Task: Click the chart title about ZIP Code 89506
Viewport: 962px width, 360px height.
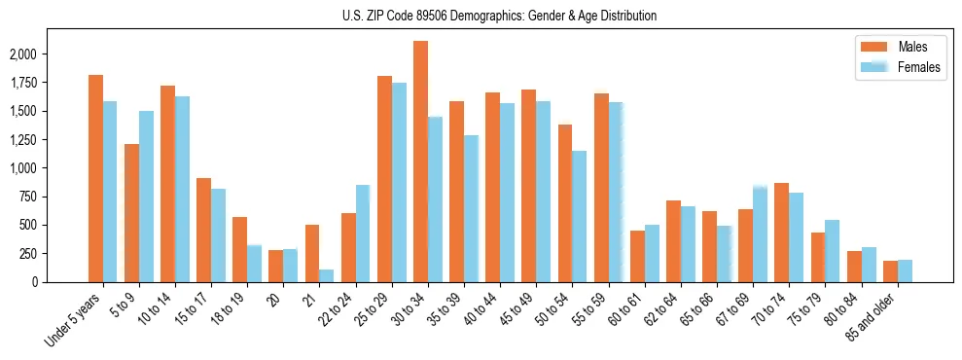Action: [x=499, y=16]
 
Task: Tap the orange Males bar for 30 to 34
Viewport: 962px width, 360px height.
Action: [x=420, y=162]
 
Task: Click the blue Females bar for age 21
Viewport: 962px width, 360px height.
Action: [x=326, y=275]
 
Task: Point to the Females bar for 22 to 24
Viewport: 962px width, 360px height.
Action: [x=362, y=234]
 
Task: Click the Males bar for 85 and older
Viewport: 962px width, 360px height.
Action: [x=890, y=271]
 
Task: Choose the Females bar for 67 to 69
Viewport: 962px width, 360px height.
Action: [x=760, y=234]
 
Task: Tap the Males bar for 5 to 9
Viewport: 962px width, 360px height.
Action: [x=131, y=213]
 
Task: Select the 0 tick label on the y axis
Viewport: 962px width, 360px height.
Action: [x=34, y=282]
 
